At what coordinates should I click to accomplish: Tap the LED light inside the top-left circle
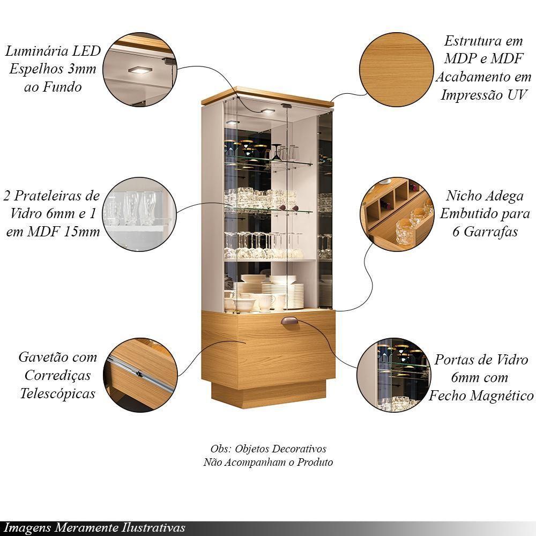tap(140, 70)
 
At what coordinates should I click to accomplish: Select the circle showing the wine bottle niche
tap(396, 215)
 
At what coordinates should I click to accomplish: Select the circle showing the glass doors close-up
tap(396, 375)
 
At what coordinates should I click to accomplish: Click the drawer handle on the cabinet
tap(290, 321)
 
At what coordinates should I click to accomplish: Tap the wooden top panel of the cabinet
tap(267, 96)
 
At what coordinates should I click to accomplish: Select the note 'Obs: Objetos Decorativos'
tap(268, 449)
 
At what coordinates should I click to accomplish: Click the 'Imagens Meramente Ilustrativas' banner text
tap(94, 527)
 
